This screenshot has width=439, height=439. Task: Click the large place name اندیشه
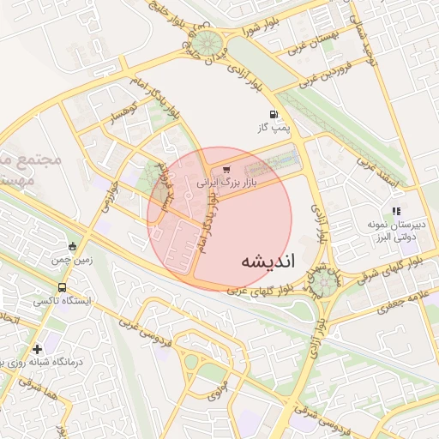[267, 262]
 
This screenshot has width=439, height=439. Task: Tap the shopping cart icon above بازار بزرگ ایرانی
[226, 170]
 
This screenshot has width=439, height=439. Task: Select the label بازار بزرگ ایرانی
[226, 183]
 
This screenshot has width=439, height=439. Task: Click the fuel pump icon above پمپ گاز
[273, 114]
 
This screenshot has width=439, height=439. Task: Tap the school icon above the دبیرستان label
[396, 210]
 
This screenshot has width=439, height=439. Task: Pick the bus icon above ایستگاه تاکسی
[61, 287]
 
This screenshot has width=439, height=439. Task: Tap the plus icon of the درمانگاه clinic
[37, 349]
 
